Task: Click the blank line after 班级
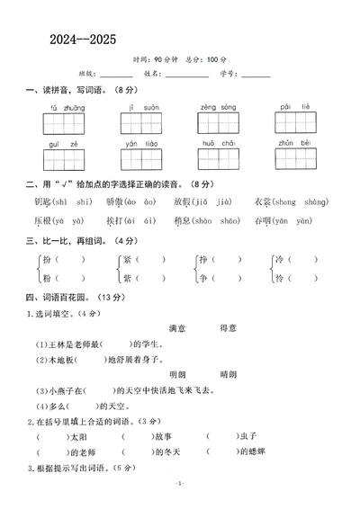[119, 75]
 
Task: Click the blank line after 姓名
[187, 75]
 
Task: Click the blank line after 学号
[256, 75]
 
